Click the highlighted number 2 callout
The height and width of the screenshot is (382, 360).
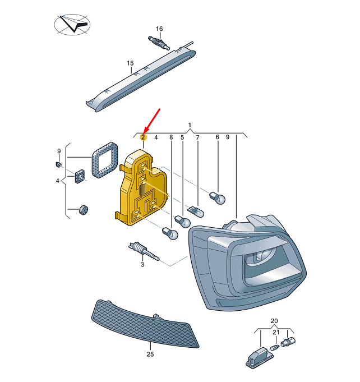click(x=143, y=137)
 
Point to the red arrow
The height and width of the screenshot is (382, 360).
click(x=152, y=121)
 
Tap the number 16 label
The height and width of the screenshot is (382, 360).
click(x=159, y=29)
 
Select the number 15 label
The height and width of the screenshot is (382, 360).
click(x=130, y=63)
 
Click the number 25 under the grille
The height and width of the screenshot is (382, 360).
click(x=150, y=354)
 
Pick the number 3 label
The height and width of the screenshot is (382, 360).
click(x=142, y=264)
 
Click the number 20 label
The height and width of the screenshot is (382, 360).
click(x=274, y=321)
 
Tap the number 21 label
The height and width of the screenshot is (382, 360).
click(x=276, y=332)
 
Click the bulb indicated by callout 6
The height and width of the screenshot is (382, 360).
click(x=218, y=198)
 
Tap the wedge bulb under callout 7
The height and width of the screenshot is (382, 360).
click(x=196, y=211)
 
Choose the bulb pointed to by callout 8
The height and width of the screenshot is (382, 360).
click(x=170, y=233)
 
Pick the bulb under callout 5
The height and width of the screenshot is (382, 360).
click(x=182, y=221)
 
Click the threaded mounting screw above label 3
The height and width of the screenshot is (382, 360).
click(x=143, y=251)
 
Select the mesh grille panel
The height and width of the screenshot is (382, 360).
click(x=145, y=324)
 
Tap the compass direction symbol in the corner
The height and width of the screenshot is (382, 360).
click(x=72, y=24)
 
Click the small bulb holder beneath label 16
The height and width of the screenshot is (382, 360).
click(x=158, y=43)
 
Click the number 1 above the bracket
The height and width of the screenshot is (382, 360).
click(x=190, y=125)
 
